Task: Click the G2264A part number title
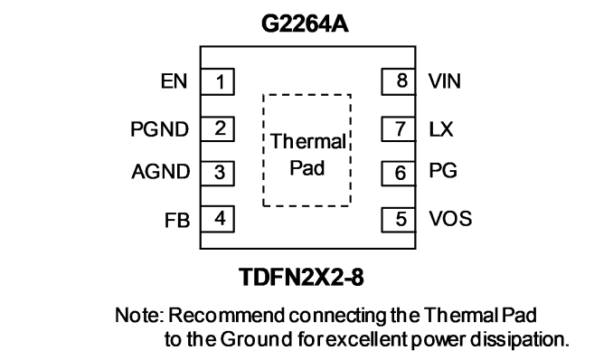click(305, 24)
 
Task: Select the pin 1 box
click(217, 81)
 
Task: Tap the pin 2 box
click(217, 128)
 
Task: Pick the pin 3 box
click(217, 173)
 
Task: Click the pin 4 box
click(217, 219)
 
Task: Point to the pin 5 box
click(399, 220)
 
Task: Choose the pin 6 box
click(399, 173)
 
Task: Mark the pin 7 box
click(399, 128)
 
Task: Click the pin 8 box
click(399, 81)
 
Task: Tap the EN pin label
click(174, 81)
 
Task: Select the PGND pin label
click(159, 129)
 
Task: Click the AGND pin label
click(161, 172)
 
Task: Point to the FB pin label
click(177, 221)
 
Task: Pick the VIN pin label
click(445, 81)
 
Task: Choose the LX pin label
click(441, 129)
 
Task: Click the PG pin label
click(443, 171)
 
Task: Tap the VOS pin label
click(450, 219)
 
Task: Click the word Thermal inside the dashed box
click(308, 141)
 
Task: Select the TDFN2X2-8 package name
click(301, 277)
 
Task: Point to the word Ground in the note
click(256, 339)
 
